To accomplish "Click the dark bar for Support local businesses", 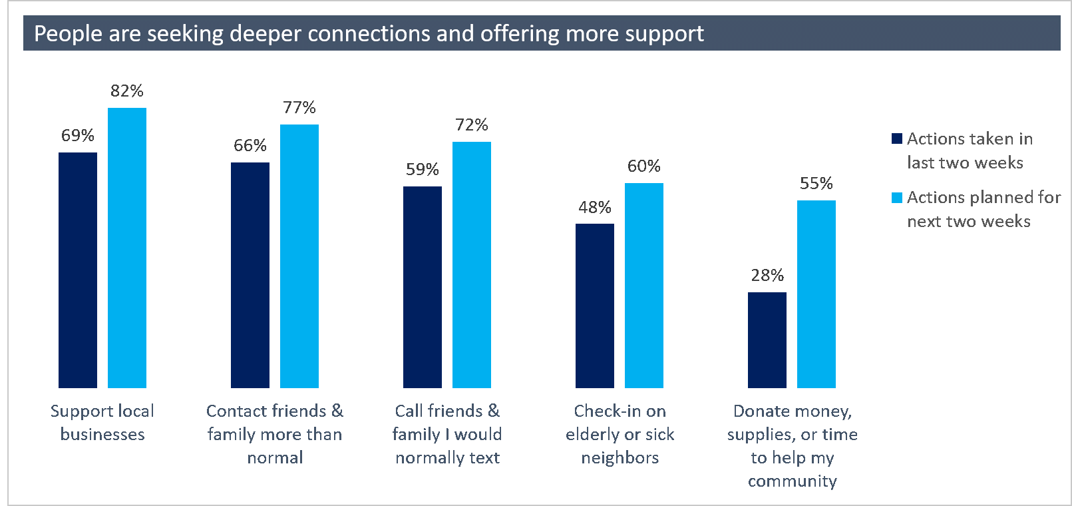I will coord(78,270).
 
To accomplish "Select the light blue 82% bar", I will coord(127,248).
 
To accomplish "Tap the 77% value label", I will coord(299,107).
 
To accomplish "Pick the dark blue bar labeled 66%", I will coord(250,275).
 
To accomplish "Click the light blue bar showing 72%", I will coord(472,264).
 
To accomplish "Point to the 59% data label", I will coord(423,169).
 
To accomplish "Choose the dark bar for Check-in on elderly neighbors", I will coord(595,306).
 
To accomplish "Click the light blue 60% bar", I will coord(644,285).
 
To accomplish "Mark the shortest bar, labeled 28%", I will coord(767,340).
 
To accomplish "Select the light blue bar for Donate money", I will coord(816,294).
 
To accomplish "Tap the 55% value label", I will coord(816,183).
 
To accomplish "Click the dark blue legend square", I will coord(897,138).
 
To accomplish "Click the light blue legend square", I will coord(897,197).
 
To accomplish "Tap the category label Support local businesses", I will coord(102,422).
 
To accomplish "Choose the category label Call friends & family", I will coord(447,433).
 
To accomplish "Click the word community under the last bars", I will coord(792,481).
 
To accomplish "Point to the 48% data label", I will coord(595,207).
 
